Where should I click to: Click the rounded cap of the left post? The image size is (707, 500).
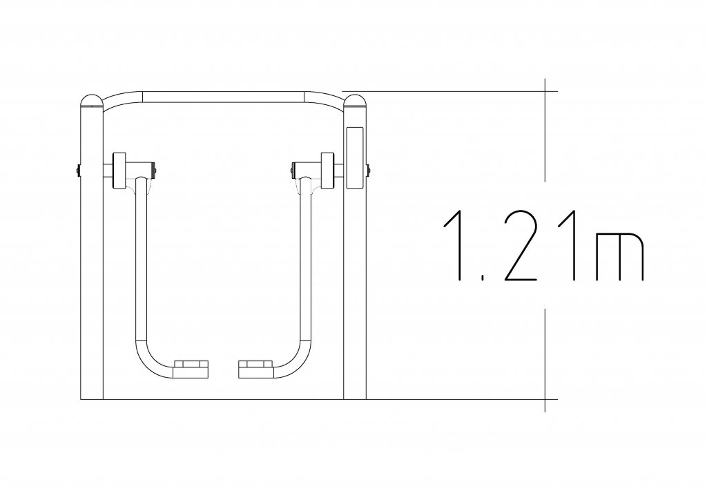tap(92, 100)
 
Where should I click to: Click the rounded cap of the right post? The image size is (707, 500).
tap(354, 100)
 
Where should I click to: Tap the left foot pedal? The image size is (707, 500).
tap(191, 369)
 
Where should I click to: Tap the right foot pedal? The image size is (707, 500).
tap(255, 369)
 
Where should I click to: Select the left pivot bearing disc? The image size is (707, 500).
tap(119, 170)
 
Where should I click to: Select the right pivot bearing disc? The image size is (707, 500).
tap(327, 170)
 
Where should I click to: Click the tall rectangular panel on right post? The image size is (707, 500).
tap(354, 157)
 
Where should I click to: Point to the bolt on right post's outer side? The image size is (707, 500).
tap(368, 170)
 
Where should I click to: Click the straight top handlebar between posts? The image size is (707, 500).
tap(223, 97)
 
